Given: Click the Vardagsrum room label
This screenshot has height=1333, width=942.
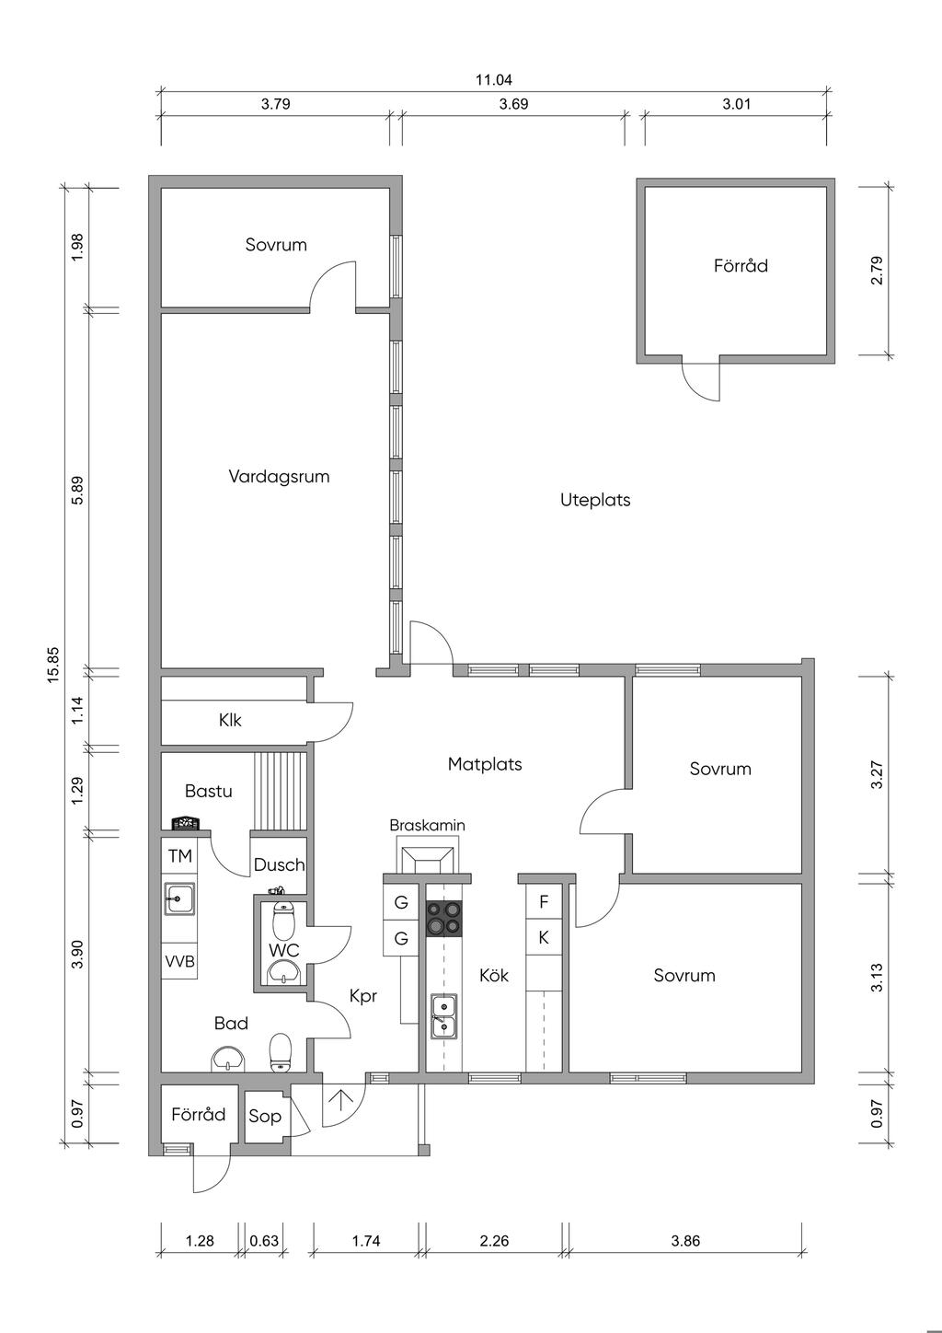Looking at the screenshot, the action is click(x=279, y=477).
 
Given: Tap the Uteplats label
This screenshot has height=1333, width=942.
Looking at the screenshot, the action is click(x=595, y=501).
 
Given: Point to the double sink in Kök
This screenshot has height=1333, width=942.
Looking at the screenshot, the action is click(x=443, y=1015).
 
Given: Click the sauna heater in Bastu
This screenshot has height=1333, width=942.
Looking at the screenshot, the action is click(x=184, y=823).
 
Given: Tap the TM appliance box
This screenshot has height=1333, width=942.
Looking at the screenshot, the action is click(x=180, y=856).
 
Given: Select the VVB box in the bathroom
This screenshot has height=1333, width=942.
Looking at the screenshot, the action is click(x=180, y=961).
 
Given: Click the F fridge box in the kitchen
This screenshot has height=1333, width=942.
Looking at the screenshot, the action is click(x=544, y=902).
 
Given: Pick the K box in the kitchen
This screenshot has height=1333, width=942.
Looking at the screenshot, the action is click(x=544, y=938).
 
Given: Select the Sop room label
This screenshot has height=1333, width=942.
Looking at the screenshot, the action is click(x=265, y=1117).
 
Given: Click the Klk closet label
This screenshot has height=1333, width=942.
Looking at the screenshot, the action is click(x=230, y=720).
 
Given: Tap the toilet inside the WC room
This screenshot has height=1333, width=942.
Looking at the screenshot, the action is click(x=284, y=922).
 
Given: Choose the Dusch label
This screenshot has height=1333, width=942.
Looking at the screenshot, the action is click(x=279, y=865).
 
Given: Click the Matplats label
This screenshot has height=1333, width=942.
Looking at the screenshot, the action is click(x=485, y=764).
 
